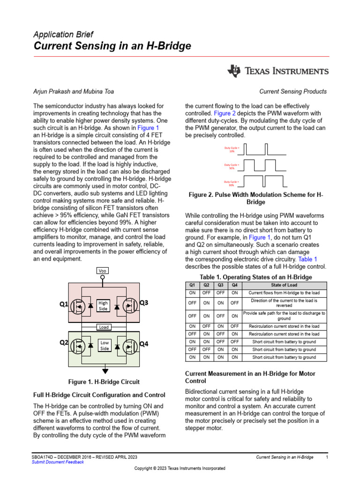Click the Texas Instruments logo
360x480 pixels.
[x=278, y=71]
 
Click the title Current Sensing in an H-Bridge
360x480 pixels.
[x=112, y=46]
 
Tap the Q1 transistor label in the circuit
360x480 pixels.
[x=64, y=304]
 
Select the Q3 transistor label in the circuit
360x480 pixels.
[x=143, y=303]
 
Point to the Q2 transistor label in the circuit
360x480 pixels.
[x=64, y=343]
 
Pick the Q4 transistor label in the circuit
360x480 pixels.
[x=143, y=344]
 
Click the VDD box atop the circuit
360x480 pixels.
[x=103, y=271]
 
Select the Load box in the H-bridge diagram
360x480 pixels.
[x=103, y=326]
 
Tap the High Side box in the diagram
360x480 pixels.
[x=103, y=306]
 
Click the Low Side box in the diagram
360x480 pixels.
[x=105, y=346]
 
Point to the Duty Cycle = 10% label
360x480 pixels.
[x=232, y=150]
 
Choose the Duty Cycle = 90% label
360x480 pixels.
[x=232, y=183]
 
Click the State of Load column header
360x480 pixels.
[x=284, y=285]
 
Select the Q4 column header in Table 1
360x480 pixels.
[x=234, y=285]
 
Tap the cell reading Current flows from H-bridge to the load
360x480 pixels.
[x=284, y=292]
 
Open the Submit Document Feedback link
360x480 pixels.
[x=58, y=462]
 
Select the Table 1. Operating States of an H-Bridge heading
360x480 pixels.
[x=256, y=277]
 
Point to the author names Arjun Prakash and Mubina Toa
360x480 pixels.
[x=73, y=91]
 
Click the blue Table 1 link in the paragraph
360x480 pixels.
[x=307, y=259]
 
